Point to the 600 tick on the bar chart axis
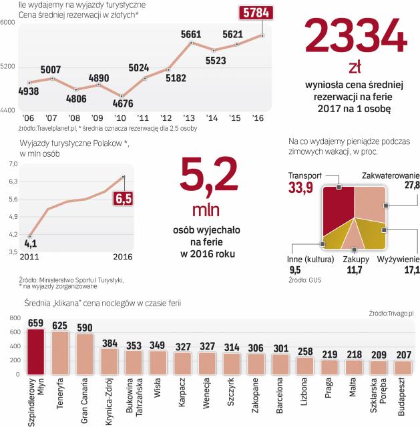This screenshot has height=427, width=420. (13, 332)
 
